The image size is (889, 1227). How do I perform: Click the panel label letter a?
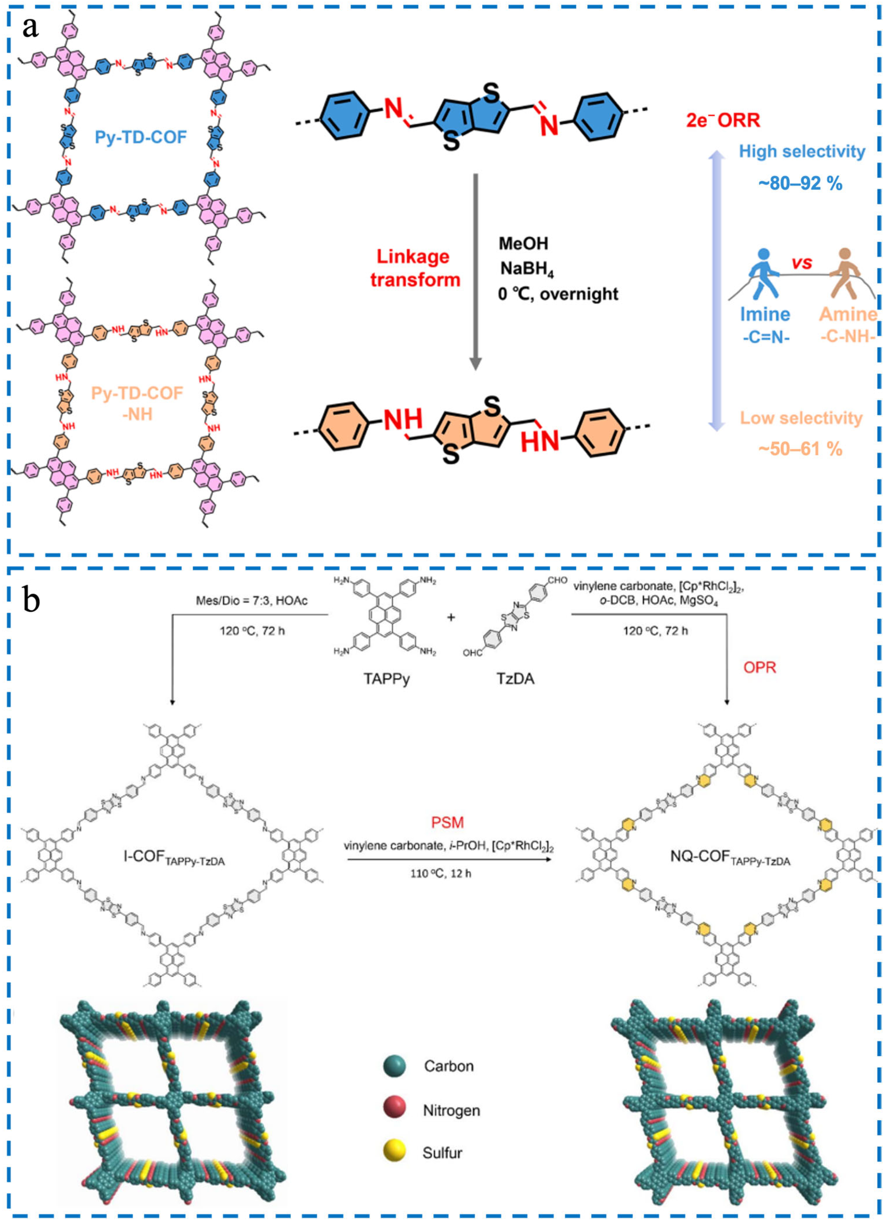pos(30,27)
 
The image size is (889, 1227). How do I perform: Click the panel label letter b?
pos(31,600)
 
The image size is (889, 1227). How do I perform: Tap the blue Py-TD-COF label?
pos(141,137)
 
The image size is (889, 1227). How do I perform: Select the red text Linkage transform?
pos(415,268)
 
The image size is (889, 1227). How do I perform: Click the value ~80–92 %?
pos(800,184)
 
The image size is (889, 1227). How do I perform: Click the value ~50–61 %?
pos(800,449)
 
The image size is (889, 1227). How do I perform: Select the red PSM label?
pos(447,823)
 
